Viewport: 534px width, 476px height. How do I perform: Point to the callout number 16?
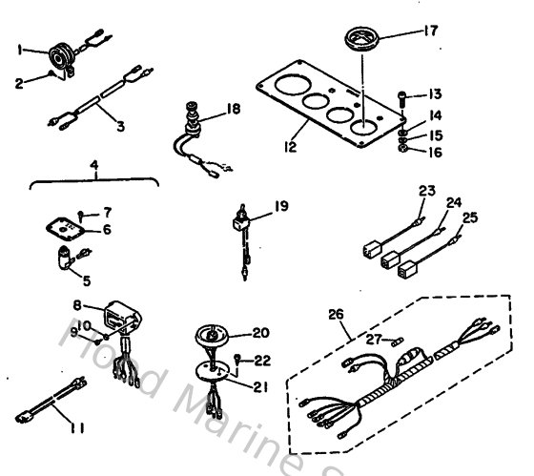(x=435, y=150)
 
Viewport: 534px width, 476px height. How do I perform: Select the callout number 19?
(x=281, y=203)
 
